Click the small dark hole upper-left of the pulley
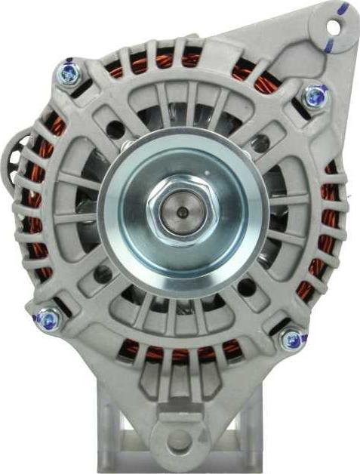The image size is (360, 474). [115, 129]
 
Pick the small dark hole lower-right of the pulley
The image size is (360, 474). [246, 287]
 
